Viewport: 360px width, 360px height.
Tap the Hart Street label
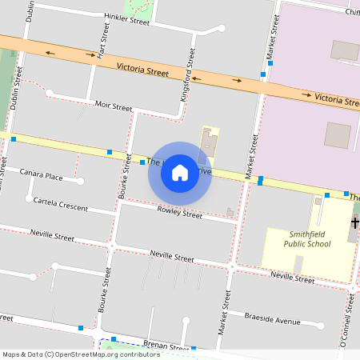pos(101,41)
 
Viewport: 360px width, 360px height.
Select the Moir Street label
pos(113,106)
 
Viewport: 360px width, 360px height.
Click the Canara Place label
pos(42,175)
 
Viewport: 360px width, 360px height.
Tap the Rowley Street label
pos(180,213)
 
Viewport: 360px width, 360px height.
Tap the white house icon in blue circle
pos(180,173)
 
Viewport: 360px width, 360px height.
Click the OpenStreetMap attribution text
pos(81,354)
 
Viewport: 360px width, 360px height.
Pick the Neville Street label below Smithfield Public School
pos(292,278)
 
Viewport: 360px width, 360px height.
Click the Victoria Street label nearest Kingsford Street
pos(142,70)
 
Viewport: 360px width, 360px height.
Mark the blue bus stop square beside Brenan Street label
pos(194,349)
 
